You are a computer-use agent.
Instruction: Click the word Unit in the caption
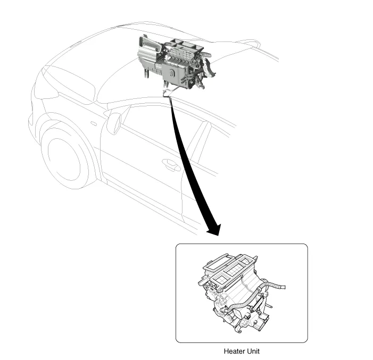coord(253,351)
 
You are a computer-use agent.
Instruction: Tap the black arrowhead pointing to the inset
coord(215,230)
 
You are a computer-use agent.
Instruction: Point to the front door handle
coord(171,164)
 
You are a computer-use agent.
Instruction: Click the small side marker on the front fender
coord(94,123)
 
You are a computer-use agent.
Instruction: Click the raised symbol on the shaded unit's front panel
coord(171,72)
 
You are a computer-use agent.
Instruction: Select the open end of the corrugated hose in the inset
coord(284,287)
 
